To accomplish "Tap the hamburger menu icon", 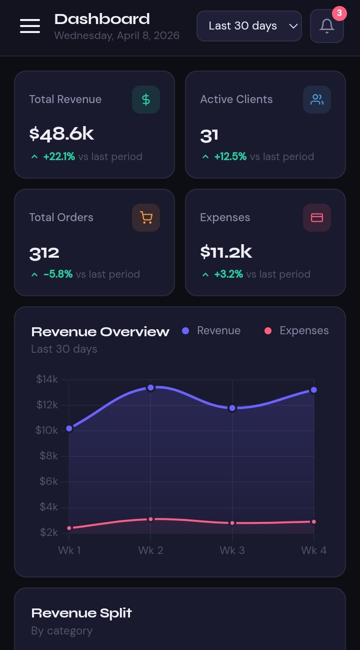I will pyautogui.click(x=30, y=26).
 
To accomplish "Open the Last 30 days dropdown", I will pyautogui.click(x=249, y=26).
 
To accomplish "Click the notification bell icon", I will pyautogui.click(x=327, y=26).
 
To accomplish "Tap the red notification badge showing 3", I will pyautogui.click(x=339, y=13).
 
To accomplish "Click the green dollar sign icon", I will pyautogui.click(x=146, y=100).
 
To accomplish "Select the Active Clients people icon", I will pyautogui.click(x=317, y=100).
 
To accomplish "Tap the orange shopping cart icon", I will pyautogui.click(x=146, y=218).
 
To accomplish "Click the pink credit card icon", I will pyautogui.click(x=317, y=218).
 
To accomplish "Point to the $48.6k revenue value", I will pyautogui.click(x=61, y=134).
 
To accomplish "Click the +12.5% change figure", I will pyautogui.click(x=230, y=157).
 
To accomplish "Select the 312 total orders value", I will pyautogui.click(x=44, y=253).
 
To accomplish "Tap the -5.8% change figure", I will pyautogui.click(x=58, y=274).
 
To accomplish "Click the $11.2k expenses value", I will pyautogui.click(x=226, y=252).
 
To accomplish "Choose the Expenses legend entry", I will pyautogui.click(x=296, y=331).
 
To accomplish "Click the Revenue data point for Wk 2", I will pyautogui.click(x=150, y=388).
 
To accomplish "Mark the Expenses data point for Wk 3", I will pyautogui.click(x=232, y=523).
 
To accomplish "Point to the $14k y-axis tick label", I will pyautogui.click(x=47, y=379).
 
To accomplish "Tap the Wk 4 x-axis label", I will pyautogui.click(x=313, y=550).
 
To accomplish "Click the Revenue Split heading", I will pyautogui.click(x=81, y=613).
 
